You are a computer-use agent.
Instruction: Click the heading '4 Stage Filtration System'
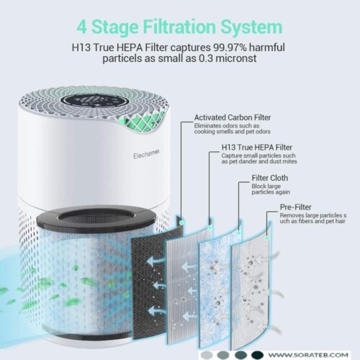point(179,27)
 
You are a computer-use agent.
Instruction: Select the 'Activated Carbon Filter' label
point(233,117)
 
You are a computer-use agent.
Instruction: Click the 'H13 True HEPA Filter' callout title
point(257,148)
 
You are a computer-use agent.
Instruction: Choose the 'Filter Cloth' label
point(270,178)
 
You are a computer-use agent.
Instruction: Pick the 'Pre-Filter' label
point(295,207)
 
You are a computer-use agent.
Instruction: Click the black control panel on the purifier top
point(94,101)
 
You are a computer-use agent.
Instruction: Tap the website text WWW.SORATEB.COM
point(308,355)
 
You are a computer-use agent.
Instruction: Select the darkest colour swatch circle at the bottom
point(257,355)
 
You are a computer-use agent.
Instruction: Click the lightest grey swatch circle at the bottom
point(207,355)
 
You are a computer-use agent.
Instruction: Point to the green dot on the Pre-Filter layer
point(266,238)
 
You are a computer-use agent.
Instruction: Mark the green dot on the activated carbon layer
point(181,222)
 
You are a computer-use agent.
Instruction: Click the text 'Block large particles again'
point(271,189)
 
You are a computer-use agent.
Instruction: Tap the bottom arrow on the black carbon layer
point(156,311)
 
